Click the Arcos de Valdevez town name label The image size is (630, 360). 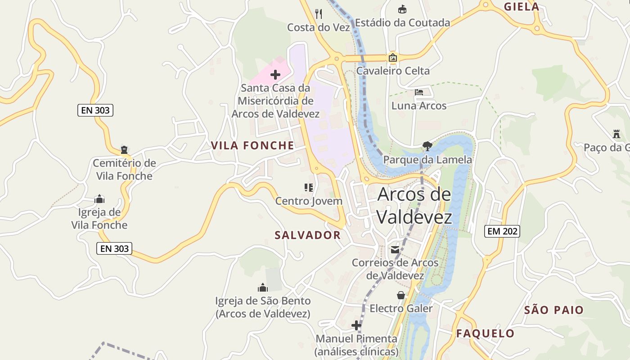(x=414, y=206)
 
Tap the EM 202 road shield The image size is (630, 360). (x=502, y=231)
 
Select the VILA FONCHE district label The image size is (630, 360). (x=252, y=145)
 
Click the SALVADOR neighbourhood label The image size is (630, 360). (x=308, y=235)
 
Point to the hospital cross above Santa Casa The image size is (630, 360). (x=275, y=75)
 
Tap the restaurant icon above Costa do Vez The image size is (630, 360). (x=319, y=14)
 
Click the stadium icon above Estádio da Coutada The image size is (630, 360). (x=402, y=9)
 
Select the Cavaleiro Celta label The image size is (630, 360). (x=393, y=71)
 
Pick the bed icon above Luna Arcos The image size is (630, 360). (x=419, y=92)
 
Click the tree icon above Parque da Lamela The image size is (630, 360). (x=427, y=146)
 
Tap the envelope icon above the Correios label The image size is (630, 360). (x=395, y=250)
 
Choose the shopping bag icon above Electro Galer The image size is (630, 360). (x=400, y=295)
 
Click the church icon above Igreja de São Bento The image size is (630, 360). (x=263, y=288)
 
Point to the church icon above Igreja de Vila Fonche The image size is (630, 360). (x=100, y=199)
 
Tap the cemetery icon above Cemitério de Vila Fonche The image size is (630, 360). (x=124, y=150)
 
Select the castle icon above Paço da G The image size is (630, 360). (x=616, y=134)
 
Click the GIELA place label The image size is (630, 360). (x=522, y=7)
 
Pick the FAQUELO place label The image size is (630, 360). (x=485, y=333)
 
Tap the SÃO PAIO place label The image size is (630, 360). (x=553, y=310)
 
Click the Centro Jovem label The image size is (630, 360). (x=309, y=201)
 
